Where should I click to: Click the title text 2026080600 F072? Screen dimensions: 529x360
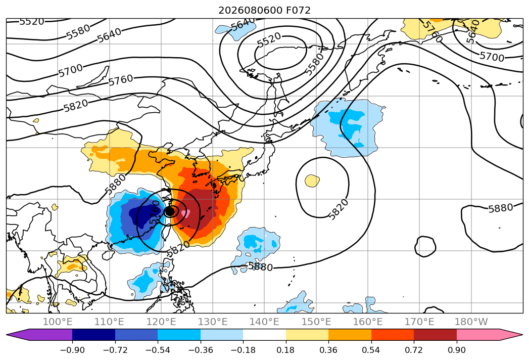click(x=264, y=11)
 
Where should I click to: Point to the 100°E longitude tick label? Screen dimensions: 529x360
click(x=58, y=322)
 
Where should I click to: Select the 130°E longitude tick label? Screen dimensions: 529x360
click(x=213, y=322)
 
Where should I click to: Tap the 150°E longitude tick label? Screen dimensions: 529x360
click(x=316, y=322)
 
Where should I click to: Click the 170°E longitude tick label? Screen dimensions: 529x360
click(x=419, y=322)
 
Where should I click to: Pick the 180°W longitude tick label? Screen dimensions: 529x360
click(x=471, y=322)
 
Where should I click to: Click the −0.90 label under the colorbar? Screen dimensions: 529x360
click(x=72, y=350)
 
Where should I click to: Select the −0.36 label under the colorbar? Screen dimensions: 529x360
click(x=201, y=350)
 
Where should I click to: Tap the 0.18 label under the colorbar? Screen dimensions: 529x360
click(x=285, y=350)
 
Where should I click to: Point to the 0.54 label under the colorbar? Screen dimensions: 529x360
click(x=371, y=350)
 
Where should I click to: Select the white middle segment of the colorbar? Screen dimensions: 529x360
click(x=265, y=335)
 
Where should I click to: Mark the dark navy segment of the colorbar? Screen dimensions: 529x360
click(x=94, y=335)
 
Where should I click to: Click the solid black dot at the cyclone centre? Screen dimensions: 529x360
click(x=170, y=211)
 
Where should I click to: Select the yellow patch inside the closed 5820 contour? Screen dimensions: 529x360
click(x=312, y=181)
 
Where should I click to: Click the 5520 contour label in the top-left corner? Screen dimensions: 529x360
click(x=32, y=22)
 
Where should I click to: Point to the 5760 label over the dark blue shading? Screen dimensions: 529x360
click(x=154, y=211)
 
